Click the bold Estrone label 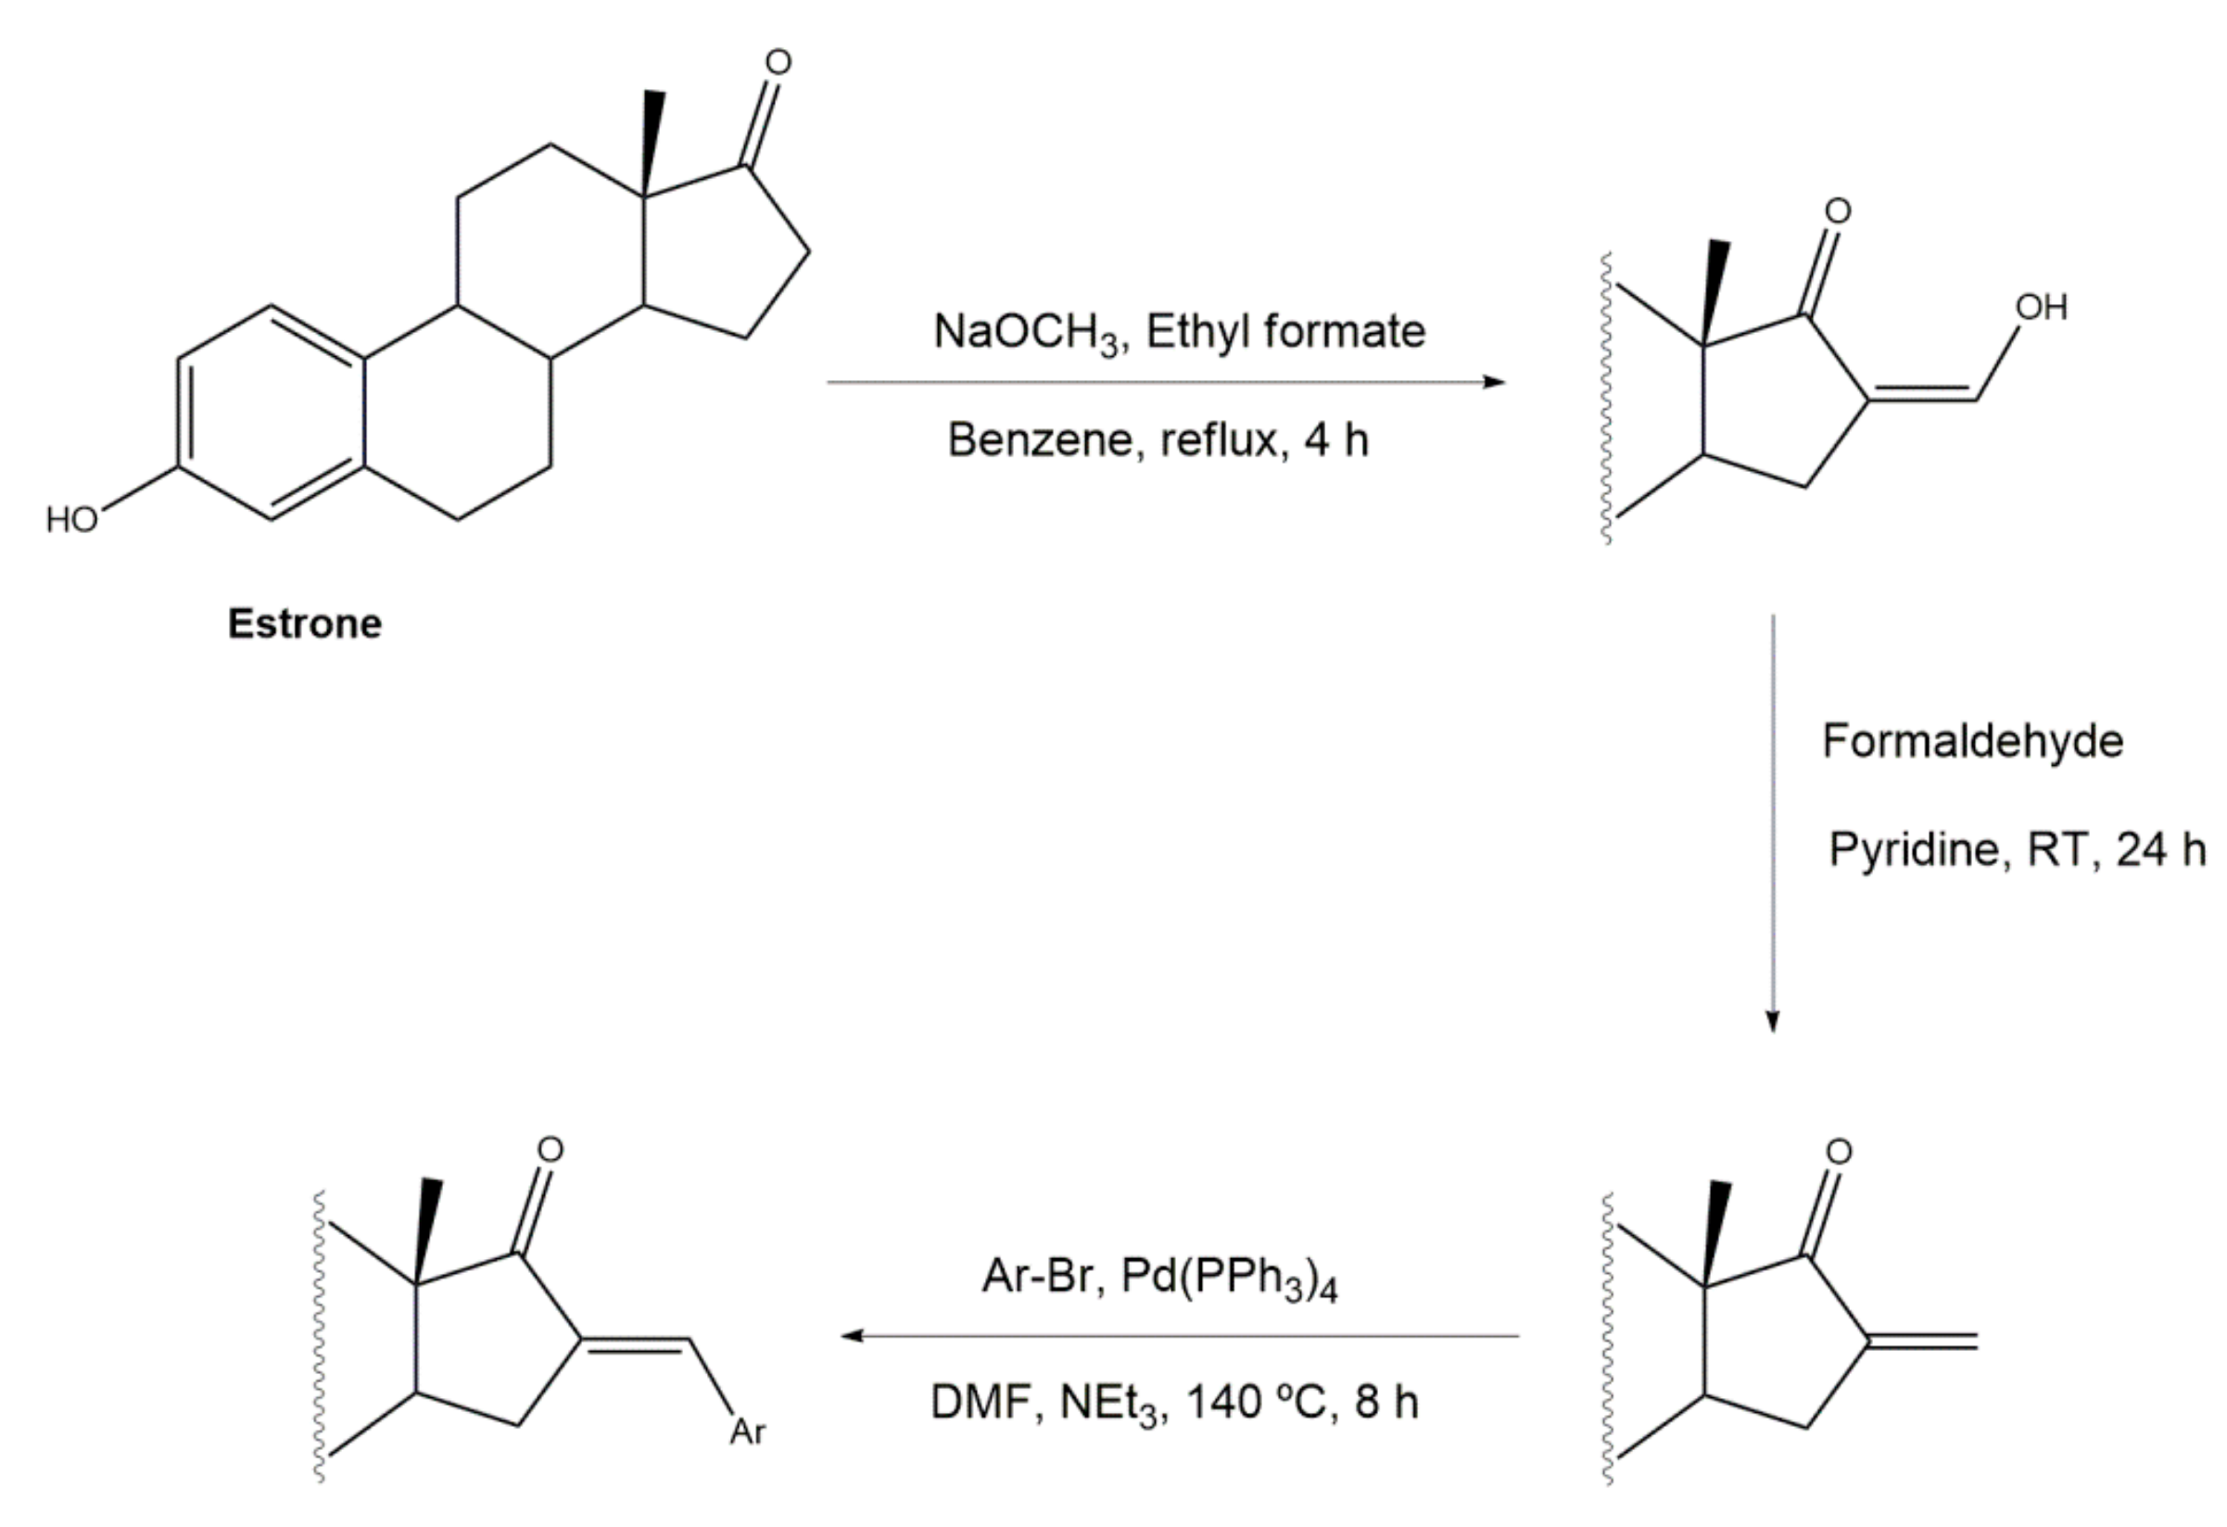[x=305, y=624]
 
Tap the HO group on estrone [x=72, y=520]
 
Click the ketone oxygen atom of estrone [x=778, y=62]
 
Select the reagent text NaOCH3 [x=1026, y=333]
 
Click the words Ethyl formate [x=1285, y=332]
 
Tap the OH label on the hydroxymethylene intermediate [x=2041, y=308]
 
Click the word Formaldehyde [x=1972, y=741]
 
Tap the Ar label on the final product [x=748, y=1432]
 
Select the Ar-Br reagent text [x=1037, y=1277]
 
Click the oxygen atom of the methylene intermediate [x=1838, y=1152]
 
